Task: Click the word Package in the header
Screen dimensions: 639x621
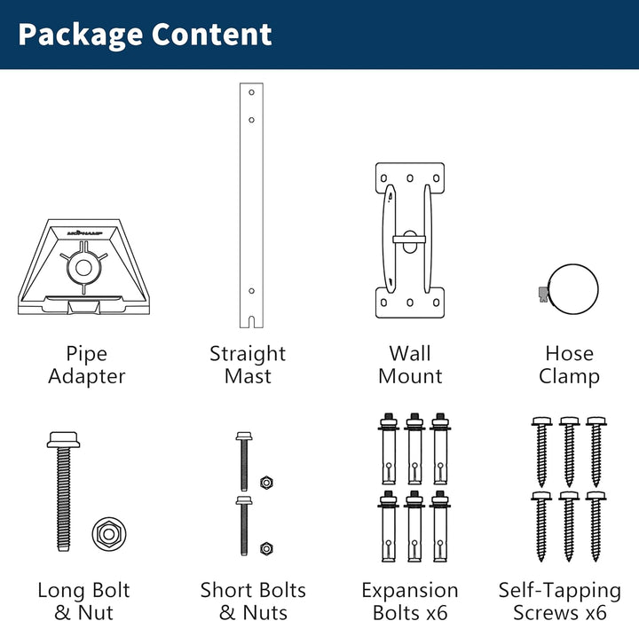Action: [x=80, y=35]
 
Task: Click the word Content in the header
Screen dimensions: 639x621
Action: [x=212, y=35]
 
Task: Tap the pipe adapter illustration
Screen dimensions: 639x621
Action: [x=84, y=267]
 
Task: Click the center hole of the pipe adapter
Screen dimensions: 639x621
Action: [x=84, y=268]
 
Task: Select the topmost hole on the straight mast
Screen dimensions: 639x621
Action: [x=251, y=92]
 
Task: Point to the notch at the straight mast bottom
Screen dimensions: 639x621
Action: [x=251, y=321]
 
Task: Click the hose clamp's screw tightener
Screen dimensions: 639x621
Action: [x=543, y=294]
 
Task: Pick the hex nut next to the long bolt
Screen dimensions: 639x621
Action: [x=109, y=534]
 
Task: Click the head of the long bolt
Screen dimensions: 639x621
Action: [x=63, y=440]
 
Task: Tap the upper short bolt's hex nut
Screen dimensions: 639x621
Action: [x=266, y=483]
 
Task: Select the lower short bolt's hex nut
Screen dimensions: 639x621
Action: [x=266, y=549]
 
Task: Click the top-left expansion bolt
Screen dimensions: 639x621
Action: [x=389, y=448]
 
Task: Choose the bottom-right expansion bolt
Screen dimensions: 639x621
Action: [x=440, y=526]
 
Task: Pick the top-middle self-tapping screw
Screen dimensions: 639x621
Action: [x=569, y=452]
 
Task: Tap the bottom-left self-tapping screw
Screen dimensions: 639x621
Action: [x=541, y=526]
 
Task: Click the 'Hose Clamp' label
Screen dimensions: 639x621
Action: [x=569, y=366]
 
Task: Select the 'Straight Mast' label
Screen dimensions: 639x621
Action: [x=248, y=365]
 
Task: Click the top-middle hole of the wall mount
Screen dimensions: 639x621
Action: [x=410, y=178]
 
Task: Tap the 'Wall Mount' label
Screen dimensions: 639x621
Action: [x=410, y=365]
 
